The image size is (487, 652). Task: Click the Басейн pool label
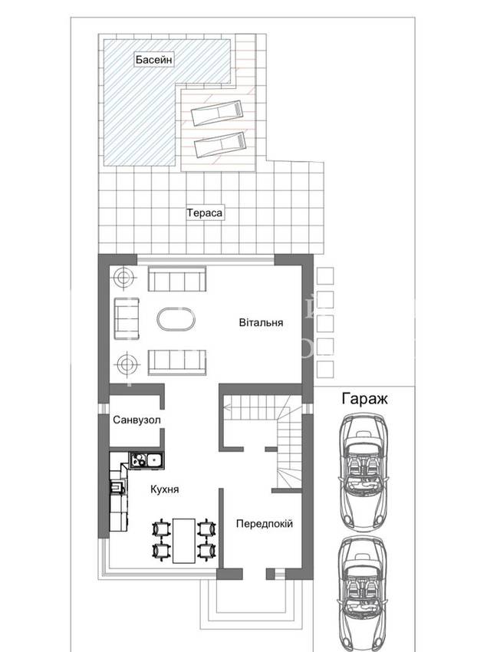pos(154,60)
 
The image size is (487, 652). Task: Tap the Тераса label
pos(205,213)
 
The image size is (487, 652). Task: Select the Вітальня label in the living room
pos(262,322)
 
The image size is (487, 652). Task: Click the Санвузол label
pos(137,420)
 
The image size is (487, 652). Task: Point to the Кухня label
pos(165,489)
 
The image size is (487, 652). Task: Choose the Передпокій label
pos(265,523)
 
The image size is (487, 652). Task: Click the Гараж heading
pos(365,399)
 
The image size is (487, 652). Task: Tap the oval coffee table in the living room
pos(176,320)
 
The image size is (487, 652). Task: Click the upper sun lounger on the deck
pos(217,112)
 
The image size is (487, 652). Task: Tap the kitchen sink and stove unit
pos(146,460)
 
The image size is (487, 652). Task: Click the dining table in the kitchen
pos(184,540)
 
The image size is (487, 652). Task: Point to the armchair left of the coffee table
pos(127,319)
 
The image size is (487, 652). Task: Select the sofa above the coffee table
pos(177,278)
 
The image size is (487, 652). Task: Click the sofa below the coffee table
pos(177,362)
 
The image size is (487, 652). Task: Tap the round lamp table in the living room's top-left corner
pos(125,276)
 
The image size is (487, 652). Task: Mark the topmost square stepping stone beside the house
pos(325,275)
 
